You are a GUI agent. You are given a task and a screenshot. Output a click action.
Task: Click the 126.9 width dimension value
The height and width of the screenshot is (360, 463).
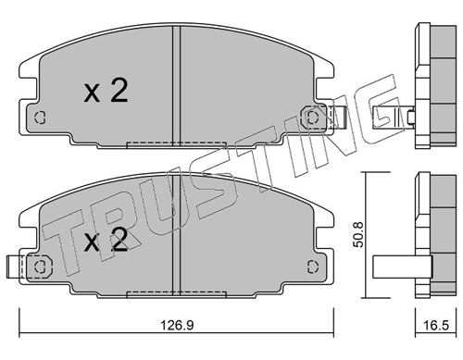(177, 325)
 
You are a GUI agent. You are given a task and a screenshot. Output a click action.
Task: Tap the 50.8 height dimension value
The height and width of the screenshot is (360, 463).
(359, 234)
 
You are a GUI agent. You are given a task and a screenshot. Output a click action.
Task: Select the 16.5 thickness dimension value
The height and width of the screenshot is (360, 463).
(436, 325)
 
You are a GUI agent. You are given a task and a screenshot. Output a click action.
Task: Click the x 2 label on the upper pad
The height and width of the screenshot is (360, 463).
(106, 91)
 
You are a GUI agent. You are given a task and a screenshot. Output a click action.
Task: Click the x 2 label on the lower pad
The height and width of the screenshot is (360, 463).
(106, 241)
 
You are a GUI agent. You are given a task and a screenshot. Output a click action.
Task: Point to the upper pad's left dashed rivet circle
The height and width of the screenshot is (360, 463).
(40, 118)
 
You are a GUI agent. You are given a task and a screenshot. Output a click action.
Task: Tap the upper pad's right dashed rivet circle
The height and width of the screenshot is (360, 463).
(312, 117)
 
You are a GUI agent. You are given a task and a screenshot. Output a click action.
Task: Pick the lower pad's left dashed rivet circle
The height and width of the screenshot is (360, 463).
(40, 267)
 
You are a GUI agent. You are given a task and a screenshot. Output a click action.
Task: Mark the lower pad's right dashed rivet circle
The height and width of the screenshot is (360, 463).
(313, 267)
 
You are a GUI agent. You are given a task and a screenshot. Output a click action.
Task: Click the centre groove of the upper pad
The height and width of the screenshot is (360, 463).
(176, 85)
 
